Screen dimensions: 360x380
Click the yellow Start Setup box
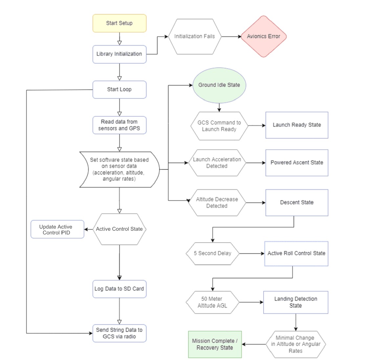coord(119,23)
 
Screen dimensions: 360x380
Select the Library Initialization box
coord(119,54)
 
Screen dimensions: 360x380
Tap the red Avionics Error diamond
coord(263,36)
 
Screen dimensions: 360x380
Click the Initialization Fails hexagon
coord(194,36)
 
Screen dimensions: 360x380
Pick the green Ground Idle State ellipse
coord(219,85)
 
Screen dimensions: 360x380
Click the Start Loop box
coord(119,90)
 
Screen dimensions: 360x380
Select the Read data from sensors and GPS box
coord(119,125)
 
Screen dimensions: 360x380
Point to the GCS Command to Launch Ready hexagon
coord(219,126)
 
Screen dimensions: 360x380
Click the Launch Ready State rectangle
coord(297,125)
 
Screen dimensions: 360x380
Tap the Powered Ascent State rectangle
coord(297,163)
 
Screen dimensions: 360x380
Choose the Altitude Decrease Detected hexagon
coord(217,202)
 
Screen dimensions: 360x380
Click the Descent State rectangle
coord(297,202)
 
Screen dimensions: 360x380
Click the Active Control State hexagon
coord(119,229)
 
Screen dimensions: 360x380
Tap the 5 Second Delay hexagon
coord(212,253)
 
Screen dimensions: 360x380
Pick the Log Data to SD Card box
coord(119,289)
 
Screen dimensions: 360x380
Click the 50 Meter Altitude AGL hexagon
coord(212,302)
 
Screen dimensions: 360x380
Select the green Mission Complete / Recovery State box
coord(215,344)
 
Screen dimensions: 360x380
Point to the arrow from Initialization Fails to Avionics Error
coord(231,36)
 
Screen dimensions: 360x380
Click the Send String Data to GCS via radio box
coord(119,333)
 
